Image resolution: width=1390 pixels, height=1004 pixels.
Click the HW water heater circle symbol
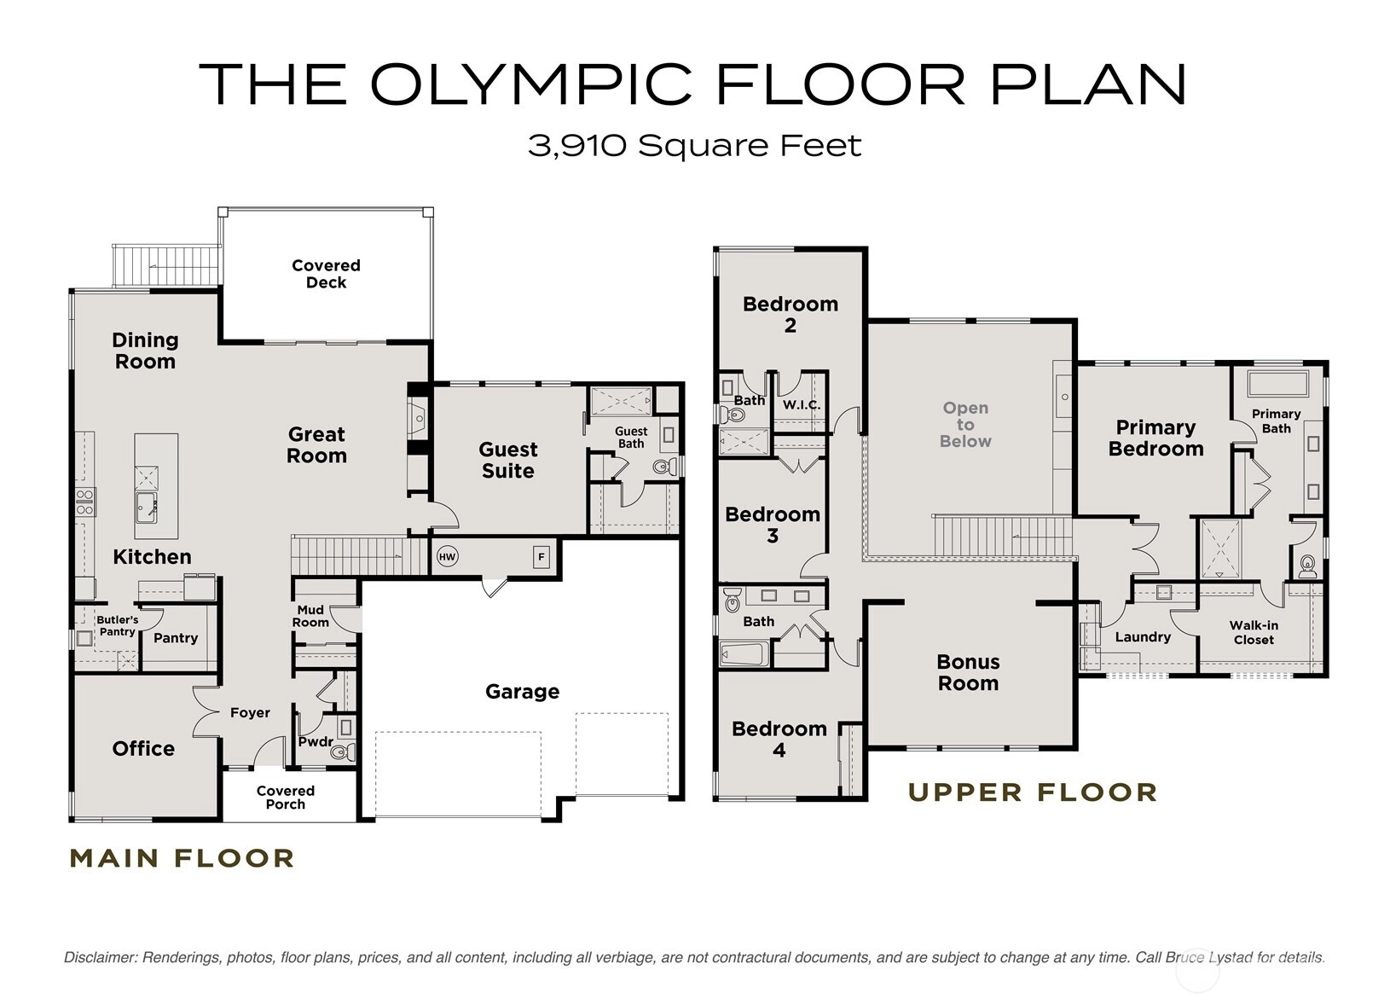(448, 557)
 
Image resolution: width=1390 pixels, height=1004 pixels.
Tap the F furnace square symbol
(542, 557)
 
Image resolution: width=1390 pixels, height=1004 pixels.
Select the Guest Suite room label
(507, 460)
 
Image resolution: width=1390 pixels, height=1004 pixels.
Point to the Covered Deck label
(326, 274)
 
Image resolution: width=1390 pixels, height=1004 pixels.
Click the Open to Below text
(965, 425)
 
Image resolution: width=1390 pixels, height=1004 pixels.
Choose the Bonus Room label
(968, 672)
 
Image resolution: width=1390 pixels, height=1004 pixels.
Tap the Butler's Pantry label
(118, 626)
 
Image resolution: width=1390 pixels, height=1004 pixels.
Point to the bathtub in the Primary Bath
(1277, 383)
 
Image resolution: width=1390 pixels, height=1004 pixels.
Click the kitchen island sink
(146, 508)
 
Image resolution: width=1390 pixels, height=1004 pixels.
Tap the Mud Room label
(310, 617)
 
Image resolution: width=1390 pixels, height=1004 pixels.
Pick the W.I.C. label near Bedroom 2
(802, 405)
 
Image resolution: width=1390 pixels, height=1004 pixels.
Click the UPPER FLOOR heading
(1033, 793)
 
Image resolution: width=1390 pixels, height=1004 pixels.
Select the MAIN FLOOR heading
(182, 859)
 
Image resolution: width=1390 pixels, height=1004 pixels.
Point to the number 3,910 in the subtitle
(577, 148)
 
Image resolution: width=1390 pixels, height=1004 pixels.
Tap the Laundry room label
(1143, 637)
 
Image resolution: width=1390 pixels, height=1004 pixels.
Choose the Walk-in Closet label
(1254, 633)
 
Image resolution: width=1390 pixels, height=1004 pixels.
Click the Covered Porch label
(286, 798)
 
